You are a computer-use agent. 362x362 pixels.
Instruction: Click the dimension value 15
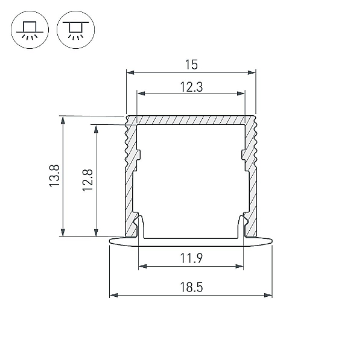(191, 65)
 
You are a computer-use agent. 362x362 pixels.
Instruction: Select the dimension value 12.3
(191, 87)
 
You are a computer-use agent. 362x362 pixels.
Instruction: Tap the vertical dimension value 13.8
(55, 176)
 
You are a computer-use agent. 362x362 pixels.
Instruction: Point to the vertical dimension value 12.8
(87, 180)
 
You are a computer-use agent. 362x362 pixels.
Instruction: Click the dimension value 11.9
(191, 258)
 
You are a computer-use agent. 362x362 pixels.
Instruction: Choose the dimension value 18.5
(191, 287)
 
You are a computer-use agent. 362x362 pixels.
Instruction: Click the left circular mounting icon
(30, 30)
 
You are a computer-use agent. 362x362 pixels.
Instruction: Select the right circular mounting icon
(76, 30)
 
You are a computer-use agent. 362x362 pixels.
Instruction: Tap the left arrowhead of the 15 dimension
(130, 72)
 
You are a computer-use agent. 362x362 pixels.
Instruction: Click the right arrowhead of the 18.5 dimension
(268, 295)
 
